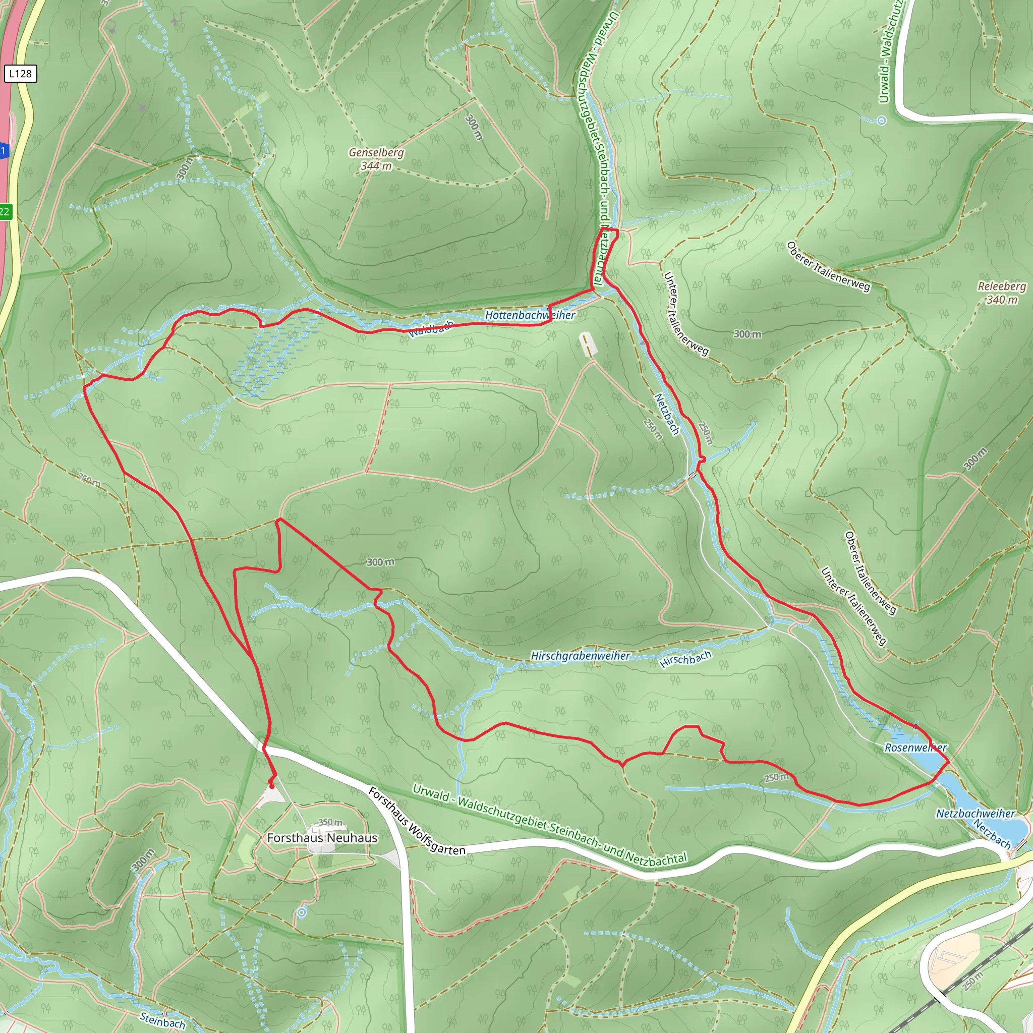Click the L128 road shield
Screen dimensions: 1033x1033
tap(20, 74)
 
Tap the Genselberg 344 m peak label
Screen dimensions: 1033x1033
tap(376, 159)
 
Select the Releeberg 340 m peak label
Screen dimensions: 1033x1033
tap(1001, 293)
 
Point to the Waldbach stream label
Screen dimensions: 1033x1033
tap(431, 329)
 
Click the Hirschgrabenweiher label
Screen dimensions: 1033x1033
tap(580, 656)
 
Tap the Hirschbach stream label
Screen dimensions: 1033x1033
tap(685, 659)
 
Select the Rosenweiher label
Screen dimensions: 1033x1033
tap(915, 748)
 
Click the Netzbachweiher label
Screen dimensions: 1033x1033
tap(974, 813)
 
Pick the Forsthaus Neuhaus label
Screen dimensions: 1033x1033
tap(322, 838)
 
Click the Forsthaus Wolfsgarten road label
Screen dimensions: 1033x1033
tap(417, 820)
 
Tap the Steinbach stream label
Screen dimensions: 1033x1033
tap(162, 1020)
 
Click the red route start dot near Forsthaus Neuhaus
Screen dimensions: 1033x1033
tap(272, 786)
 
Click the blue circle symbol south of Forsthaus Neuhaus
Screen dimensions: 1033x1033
tap(302, 912)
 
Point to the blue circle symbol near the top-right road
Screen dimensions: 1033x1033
tap(882, 121)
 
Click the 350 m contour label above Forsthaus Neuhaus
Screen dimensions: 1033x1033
tap(330, 822)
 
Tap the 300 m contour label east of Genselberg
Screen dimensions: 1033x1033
tap(474, 127)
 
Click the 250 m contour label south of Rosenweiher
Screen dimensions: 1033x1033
tap(776, 777)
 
